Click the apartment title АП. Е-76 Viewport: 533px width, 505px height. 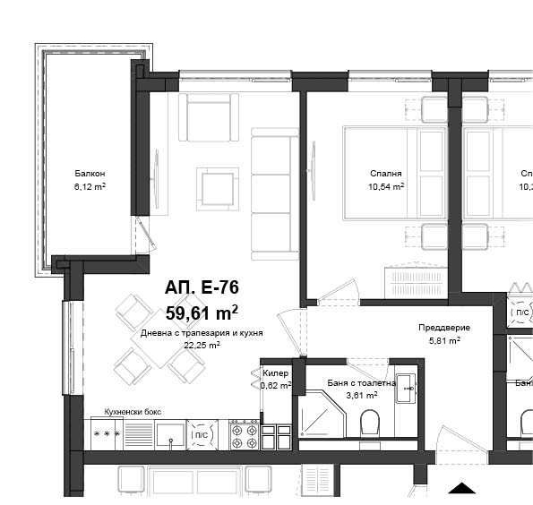coord(202,287)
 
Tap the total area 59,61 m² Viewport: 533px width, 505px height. coord(202,312)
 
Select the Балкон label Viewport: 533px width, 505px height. coord(90,174)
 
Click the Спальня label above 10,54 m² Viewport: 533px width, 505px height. coord(385,174)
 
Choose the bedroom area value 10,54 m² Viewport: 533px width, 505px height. coord(385,186)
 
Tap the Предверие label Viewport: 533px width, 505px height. coord(443,328)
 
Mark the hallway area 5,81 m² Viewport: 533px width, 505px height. coord(443,340)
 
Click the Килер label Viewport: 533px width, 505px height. coord(275,373)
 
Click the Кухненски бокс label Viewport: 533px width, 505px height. coord(132,411)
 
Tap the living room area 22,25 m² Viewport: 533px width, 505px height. coord(202,343)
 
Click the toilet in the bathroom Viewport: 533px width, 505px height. coord(370,424)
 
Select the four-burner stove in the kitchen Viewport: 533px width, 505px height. coord(244,434)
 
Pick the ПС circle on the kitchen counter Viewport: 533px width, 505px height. coord(202,434)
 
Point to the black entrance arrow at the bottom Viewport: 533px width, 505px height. coord(460,489)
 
